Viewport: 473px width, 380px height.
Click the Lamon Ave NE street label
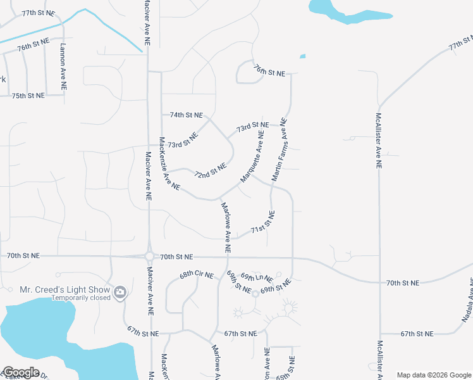pyautogui.click(x=63, y=67)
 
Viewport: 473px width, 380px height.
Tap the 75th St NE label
pyautogui.click(x=28, y=96)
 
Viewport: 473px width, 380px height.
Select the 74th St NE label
pyautogui.click(x=186, y=115)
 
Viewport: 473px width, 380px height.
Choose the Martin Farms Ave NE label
pyautogui.click(x=279, y=150)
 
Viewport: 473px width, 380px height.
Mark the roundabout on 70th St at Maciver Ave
pyautogui.click(x=149, y=256)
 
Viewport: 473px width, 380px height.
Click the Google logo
pyautogui.click(x=20, y=372)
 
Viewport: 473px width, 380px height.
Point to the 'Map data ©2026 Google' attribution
pyautogui.click(x=433, y=375)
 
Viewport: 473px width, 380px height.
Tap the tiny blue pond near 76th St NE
pyautogui.click(x=302, y=56)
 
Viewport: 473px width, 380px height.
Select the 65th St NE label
pyautogui.click(x=292, y=367)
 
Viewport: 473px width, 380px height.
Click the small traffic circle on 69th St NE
pyautogui.click(x=256, y=293)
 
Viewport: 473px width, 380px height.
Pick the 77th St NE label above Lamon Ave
pyautogui.click(x=38, y=13)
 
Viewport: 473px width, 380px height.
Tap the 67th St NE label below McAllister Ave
pyautogui.click(x=417, y=334)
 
